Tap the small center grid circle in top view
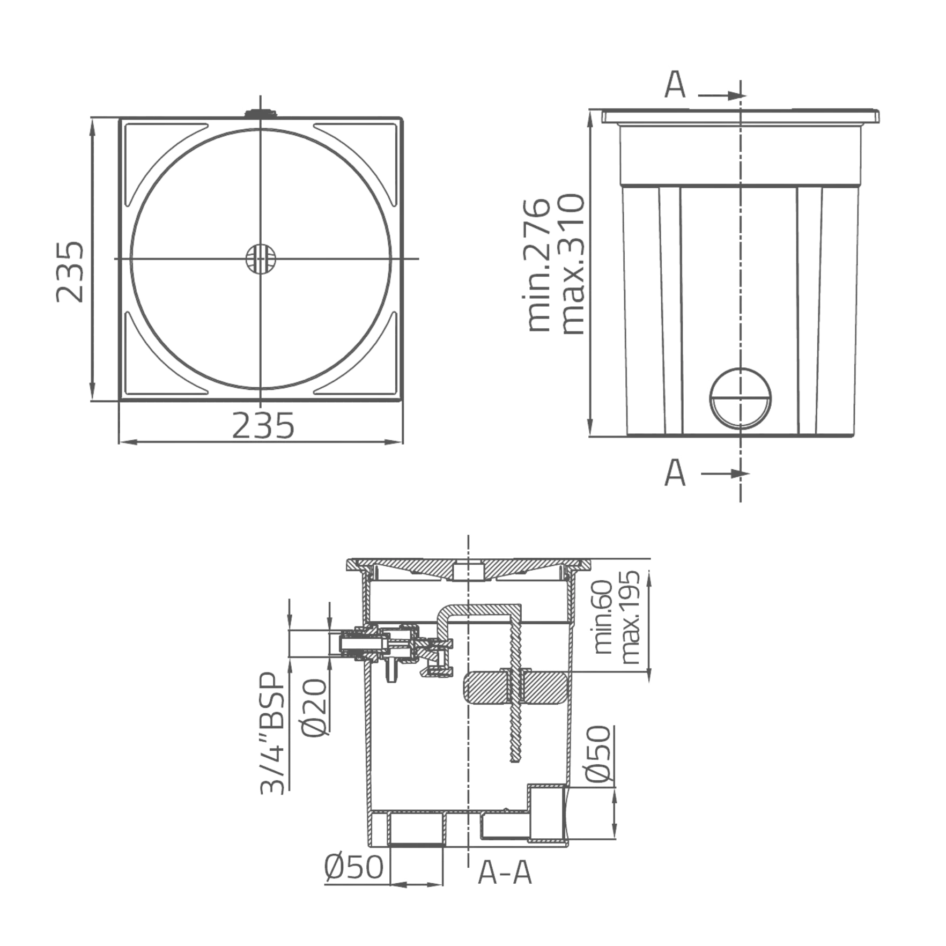[x=261, y=260]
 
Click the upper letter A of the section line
[x=676, y=86]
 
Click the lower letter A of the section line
[x=676, y=474]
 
